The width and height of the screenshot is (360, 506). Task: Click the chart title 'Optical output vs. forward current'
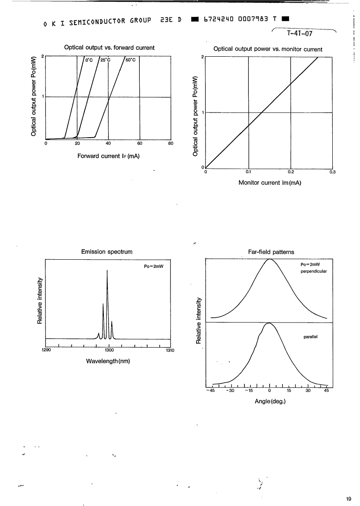pyautogui.click(x=109, y=47)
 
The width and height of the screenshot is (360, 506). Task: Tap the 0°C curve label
pyautogui.click(x=89, y=60)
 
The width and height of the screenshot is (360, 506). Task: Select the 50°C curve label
pyautogui.click(x=131, y=60)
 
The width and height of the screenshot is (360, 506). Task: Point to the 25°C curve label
pyautogui.click(x=105, y=60)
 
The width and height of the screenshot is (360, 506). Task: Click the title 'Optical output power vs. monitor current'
pyautogui.click(x=268, y=49)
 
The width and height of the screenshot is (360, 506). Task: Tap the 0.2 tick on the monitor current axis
pyautogui.click(x=291, y=172)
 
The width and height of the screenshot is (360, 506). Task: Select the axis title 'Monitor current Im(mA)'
pyautogui.click(x=270, y=183)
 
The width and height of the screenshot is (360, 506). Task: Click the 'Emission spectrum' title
pyautogui.click(x=107, y=251)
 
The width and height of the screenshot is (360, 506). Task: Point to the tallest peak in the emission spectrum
pyautogui.click(x=107, y=271)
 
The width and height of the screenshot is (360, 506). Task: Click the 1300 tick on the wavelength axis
pyautogui.click(x=109, y=351)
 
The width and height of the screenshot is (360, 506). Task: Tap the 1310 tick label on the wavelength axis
pyautogui.click(x=170, y=351)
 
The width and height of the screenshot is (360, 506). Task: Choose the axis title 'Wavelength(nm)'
pyautogui.click(x=108, y=361)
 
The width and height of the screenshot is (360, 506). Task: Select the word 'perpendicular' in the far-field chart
pyautogui.click(x=313, y=271)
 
